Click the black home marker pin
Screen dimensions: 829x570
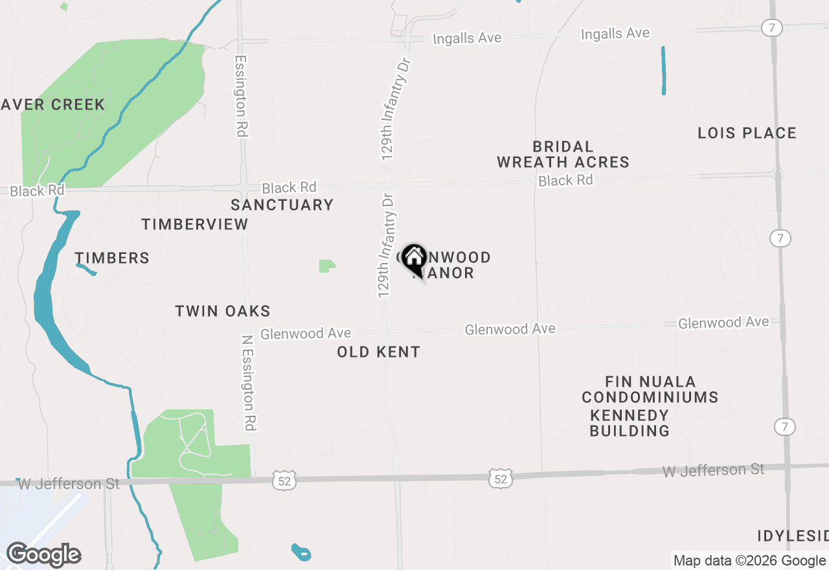[414, 259]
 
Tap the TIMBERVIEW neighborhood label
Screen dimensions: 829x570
[195, 224]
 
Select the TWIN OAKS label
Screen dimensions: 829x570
[223, 311]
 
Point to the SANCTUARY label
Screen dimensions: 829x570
[282, 205]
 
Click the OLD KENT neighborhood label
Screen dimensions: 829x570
[379, 352]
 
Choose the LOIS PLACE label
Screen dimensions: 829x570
[747, 133]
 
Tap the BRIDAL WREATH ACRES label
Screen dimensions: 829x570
[563, 154]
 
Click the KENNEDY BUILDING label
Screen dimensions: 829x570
[630, 422]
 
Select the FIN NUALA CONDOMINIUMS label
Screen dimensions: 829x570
[650, 389]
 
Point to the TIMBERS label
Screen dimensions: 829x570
[112, 258]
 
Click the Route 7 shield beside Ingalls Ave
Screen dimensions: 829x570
[773, 28]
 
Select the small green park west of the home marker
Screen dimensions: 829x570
[327, 266]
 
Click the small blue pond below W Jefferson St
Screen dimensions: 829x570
[301, 553]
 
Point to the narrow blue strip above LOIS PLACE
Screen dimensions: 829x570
[664, 71]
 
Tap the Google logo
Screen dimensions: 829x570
[43, 555]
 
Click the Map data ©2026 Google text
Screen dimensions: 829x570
[749, 561]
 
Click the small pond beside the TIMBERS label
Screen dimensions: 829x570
[86, 269]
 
